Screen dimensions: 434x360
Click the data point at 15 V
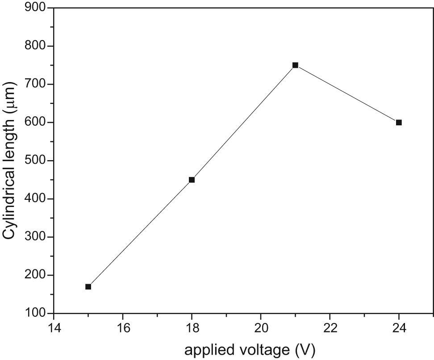pos(88,287)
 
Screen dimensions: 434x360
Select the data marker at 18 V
pos(192,180)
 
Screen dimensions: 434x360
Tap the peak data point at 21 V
pos(295,65)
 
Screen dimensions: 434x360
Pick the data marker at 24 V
pos(399,123)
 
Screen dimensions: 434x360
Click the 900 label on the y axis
pos(35,7)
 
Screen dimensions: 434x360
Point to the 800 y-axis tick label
pos(35,46)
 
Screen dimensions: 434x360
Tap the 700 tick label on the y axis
pos(35,84)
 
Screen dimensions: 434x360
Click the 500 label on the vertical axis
pos(35,160)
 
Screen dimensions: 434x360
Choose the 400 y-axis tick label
pos(35,199)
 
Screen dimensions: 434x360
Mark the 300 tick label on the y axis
pos(35,237)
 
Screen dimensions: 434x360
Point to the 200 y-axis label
pos(35,275)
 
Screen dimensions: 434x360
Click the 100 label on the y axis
pos(35,313)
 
